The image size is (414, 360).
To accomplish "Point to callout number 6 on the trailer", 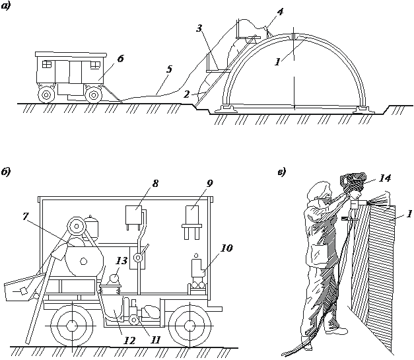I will (120, 59).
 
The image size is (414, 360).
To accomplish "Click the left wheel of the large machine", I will (68, 326).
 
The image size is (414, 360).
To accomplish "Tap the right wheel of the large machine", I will (188, 326).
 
